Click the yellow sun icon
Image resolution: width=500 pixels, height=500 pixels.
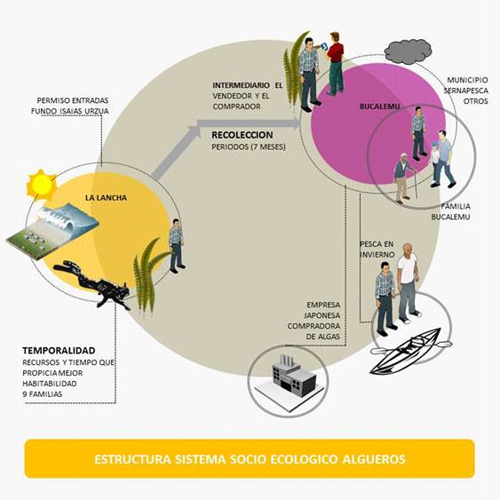tap(41, 184)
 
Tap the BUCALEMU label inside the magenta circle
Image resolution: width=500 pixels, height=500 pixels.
tap(377, 107)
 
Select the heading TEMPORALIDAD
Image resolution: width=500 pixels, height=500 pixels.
tap(58, 350)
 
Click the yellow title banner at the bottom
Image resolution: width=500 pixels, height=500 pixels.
tap(250, 459)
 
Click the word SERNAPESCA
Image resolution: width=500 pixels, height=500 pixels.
tap(464, 91)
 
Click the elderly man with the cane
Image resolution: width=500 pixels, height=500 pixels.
tap(404, 178)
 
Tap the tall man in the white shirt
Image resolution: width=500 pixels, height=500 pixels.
tap(407, 282)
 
